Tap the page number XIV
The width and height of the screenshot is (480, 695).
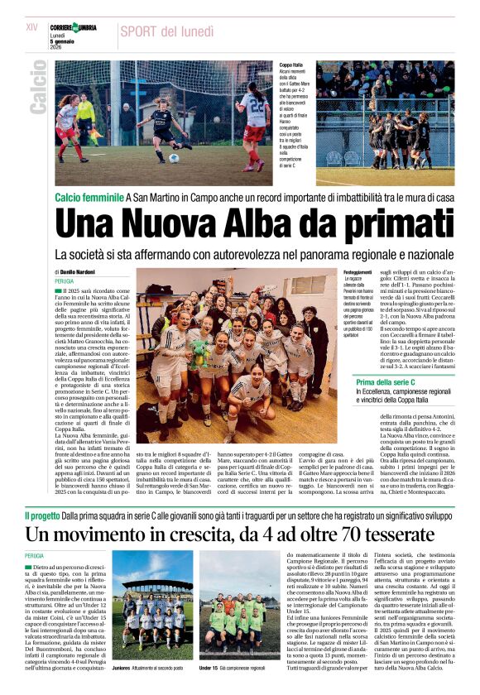(x=32, y=27)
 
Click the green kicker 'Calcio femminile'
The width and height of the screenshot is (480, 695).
(x=89, y=197)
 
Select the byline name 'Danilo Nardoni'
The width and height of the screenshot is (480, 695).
(x=79, y=271)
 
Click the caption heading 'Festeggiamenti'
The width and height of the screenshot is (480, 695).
(x=358, y=271)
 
